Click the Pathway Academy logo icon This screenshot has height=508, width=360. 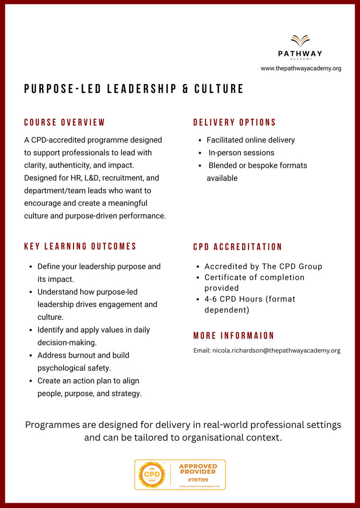[x=300, y=41]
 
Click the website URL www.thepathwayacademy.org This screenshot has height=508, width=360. [x=301, y=68]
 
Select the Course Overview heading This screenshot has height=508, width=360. [x=65, y=122]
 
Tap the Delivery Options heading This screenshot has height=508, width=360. [x=234, y=122]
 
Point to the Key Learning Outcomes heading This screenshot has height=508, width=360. [x=80, y=246]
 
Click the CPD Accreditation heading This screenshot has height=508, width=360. [x=238, y=247]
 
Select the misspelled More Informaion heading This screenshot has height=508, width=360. [x=234, y=336]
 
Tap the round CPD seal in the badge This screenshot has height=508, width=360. [x=151, y=475]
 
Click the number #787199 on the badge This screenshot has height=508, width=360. [x=198, y=480]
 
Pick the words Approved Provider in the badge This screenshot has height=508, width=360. [x=198, y=469]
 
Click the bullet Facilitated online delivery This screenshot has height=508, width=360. [x=250, y=140]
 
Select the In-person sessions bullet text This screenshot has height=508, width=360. [x=241, y=153]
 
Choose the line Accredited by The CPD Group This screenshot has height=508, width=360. [x=263, y=266]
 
